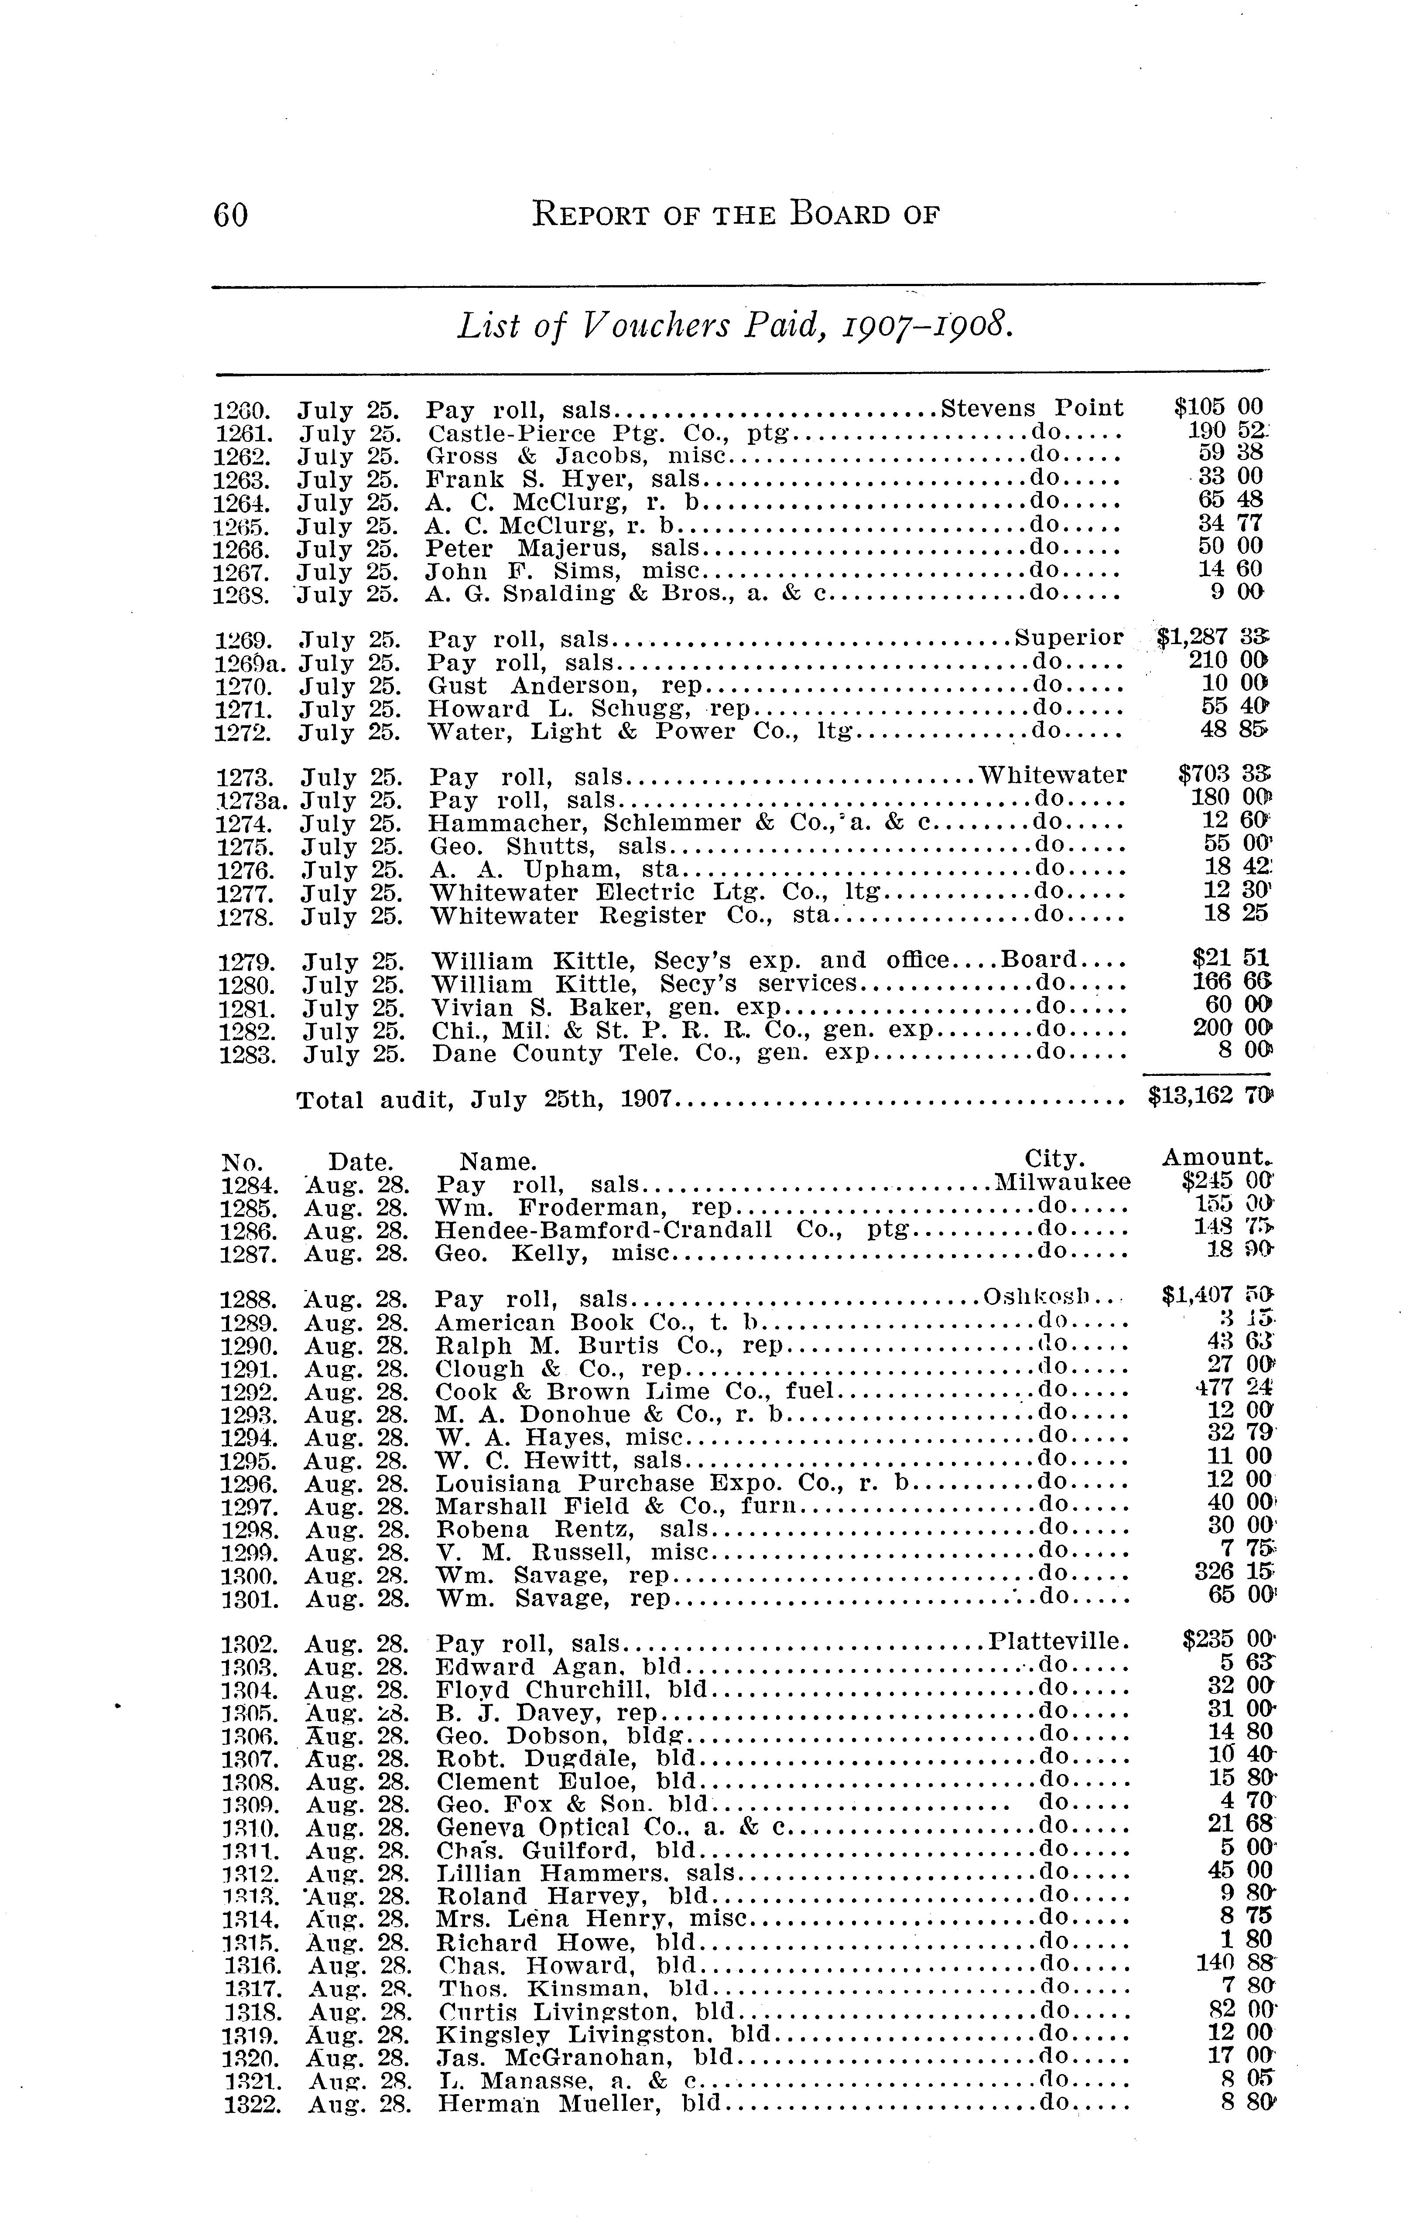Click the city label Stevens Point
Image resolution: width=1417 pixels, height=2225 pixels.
pyautogui.click(x=1031, y=408)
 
